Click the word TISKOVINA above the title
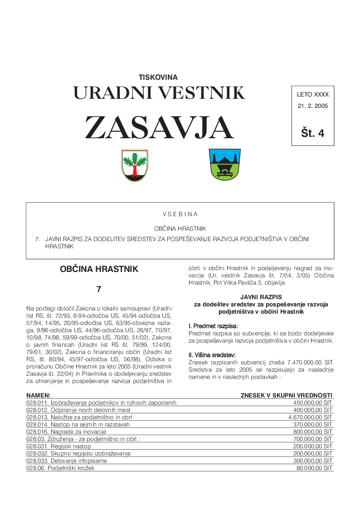pyautogui.click(x=158, y=78)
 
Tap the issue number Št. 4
pyautogui.click(x=312, y=133)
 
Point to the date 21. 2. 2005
pyautogui.click(x=312, y=107)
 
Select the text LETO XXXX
pyautogui.click(x=312, y=95)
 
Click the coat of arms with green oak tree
pyautogui.click(x=135, y=165)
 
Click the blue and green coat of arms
pyautogui.click(x=224, y=165)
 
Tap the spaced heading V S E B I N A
pyautogui.click(x=180, y=214)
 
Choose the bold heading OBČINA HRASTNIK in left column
pyautogui.click(x=99, y=269)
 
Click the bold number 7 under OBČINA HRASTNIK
pyautogui.click(x=99, y=289)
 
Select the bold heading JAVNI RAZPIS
pyautogui.click(x=261, y=296)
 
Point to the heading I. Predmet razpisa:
pyautogui.click(x=213, y=326)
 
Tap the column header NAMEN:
pyautogui.click(x=38, y=395)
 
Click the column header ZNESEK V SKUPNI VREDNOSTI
pyautogui.click(x=286, y=395)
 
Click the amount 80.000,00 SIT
pyautogui.click(x=315, y=468)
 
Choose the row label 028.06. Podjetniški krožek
pyautogui.click(x=60, y=468)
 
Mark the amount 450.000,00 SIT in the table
pyautogui.click(x=313, y=402)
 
